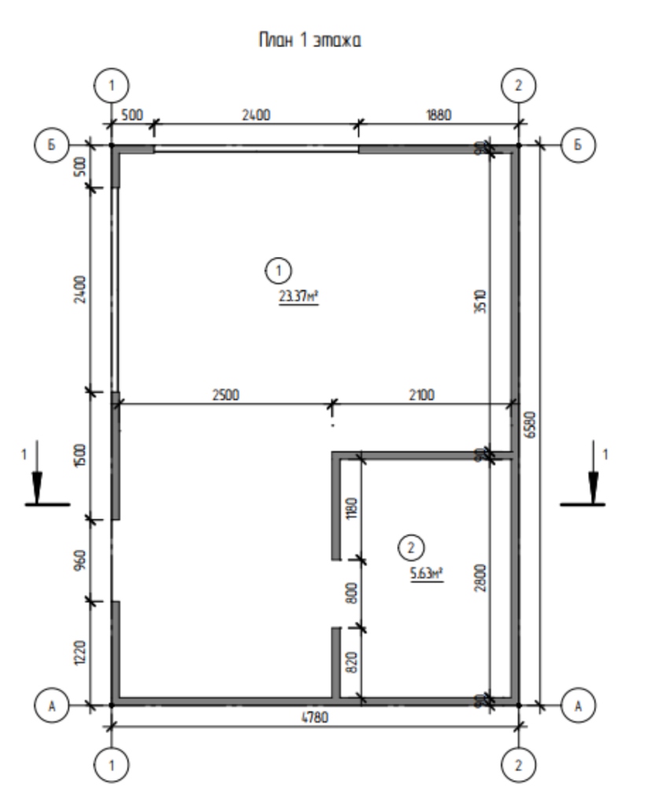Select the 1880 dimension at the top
(x=438, y=115)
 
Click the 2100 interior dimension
(x=421, y=394)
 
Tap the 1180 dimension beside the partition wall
(x=351, y=508)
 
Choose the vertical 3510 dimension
(x=481, y=299)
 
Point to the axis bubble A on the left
(x=53, y=706)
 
